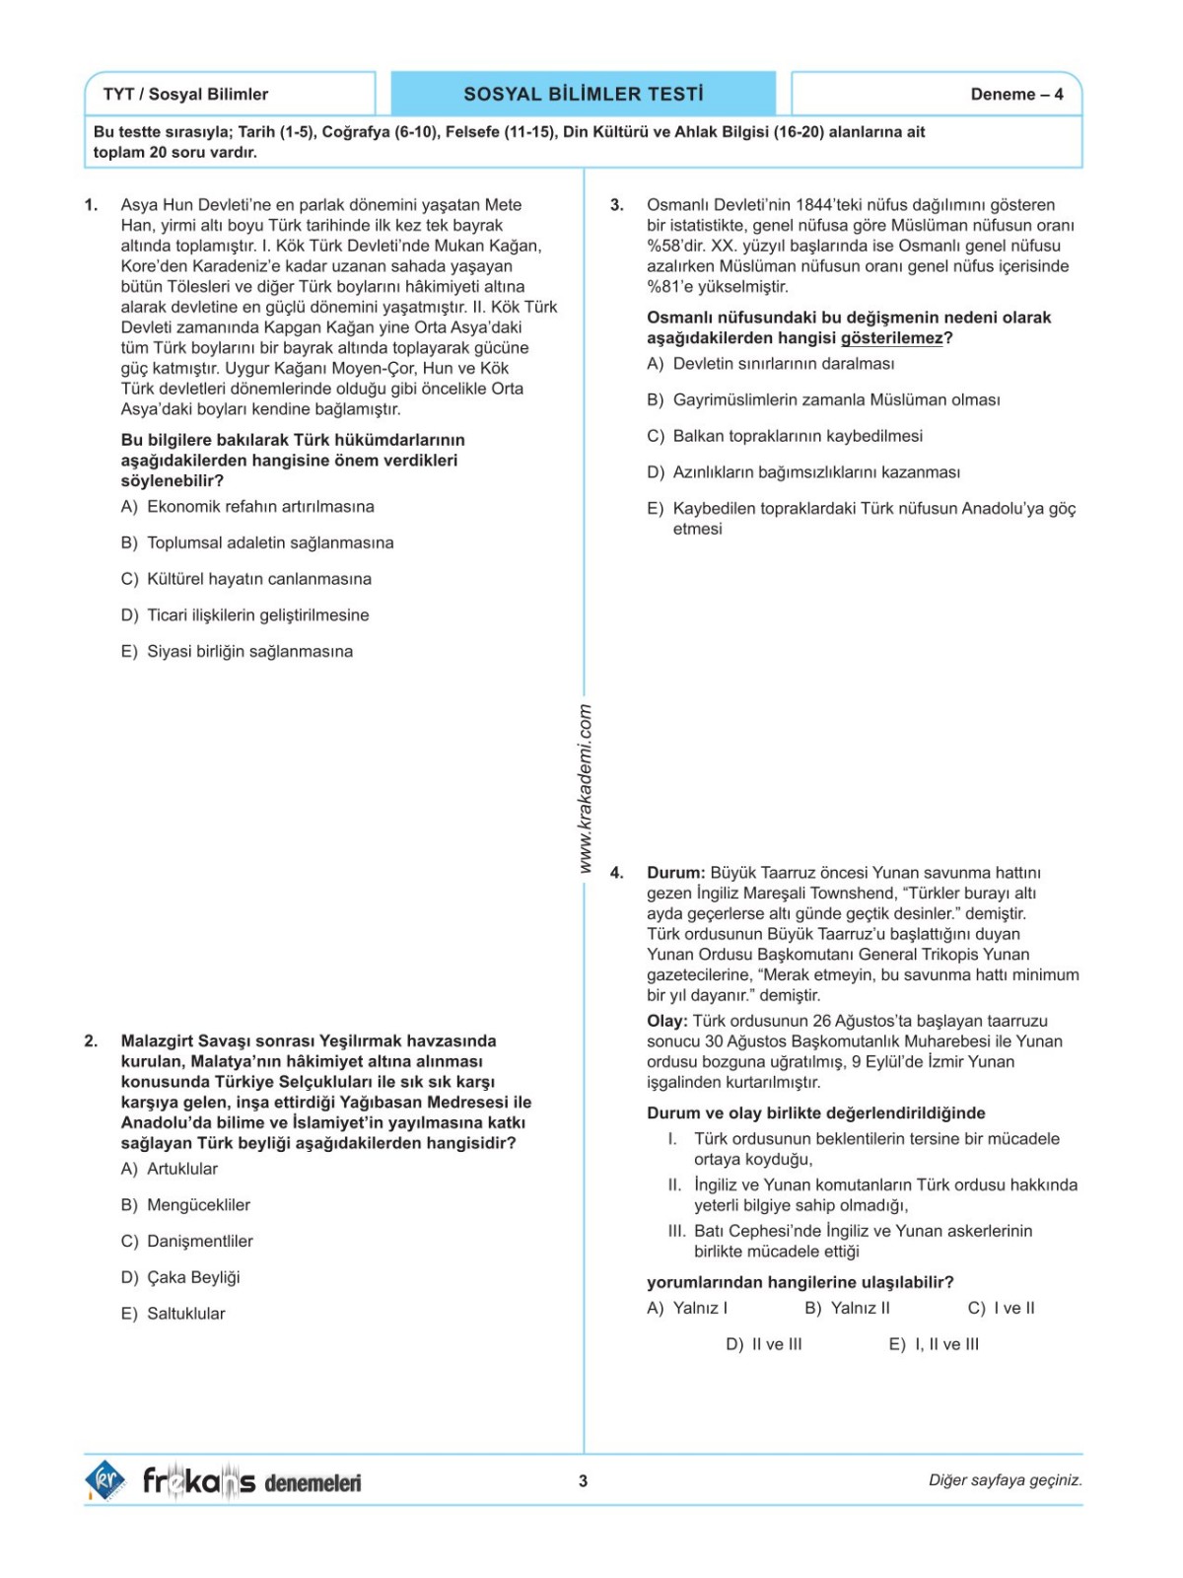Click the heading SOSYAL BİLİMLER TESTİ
pos(584,94)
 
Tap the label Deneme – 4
pos(1016,95)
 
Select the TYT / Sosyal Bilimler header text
pos(185,95)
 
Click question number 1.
pos(91,205)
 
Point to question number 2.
pos(91,1040)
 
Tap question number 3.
pos(617,205)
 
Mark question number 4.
pos(617,873)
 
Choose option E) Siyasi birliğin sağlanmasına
pos(237,651)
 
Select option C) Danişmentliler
pos(187,1241)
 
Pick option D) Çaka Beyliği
pos(180,1277)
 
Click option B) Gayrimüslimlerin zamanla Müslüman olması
pos(823,399)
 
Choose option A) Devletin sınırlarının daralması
pos(771,364)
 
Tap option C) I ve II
pos(1001,1308)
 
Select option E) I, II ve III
pos(934,1344)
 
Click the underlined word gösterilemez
pos(892,338)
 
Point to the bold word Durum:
pos(676,873)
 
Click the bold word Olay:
pos(667,1021)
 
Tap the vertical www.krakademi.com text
pos(585,788)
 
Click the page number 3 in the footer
pos(584,1480)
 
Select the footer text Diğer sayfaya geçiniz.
pos(1005,1480)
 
